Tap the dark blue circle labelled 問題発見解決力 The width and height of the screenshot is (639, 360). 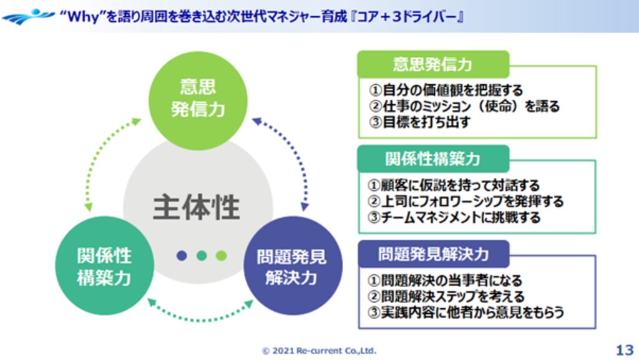pos(292,266)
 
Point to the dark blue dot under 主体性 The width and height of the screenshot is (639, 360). pos(182,255)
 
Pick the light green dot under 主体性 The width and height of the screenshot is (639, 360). pos(221,255)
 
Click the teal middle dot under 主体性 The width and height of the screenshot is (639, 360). pos(202,255)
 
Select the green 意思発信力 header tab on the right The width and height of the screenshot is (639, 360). pos(432,64)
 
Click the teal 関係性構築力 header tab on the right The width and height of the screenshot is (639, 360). pos(432,158)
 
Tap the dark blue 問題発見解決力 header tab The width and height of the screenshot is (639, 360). pos(432,254)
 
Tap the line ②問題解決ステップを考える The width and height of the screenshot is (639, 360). pos(446,296)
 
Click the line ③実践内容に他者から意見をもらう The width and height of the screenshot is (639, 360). pos(465,312)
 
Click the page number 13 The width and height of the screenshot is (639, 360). pos(624,348)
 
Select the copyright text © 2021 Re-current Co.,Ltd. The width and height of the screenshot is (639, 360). pos(319,351)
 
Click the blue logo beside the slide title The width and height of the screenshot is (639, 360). pos(27,16)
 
